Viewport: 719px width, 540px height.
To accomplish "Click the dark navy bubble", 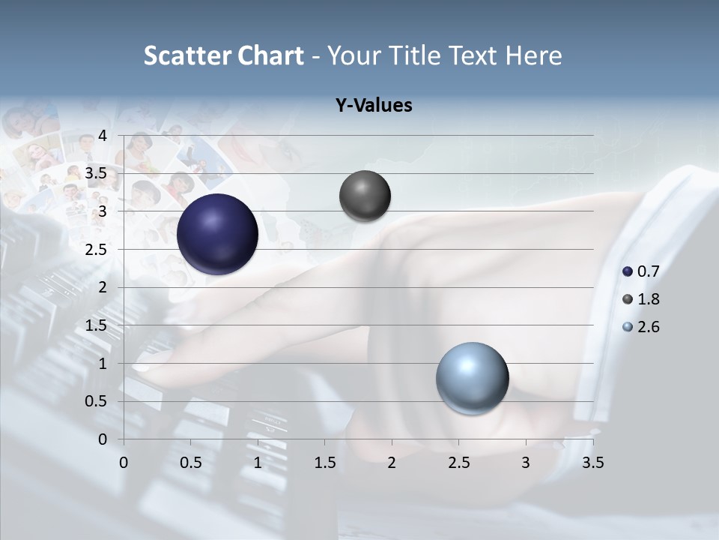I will [x=217, y=234].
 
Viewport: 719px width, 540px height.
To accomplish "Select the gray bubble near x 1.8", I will [x=365, y=196].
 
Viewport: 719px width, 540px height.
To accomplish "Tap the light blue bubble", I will [x=472, y=378].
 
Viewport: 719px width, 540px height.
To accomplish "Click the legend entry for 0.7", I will [x=641, y=271].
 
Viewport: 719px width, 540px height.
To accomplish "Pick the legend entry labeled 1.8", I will [x=641, y=299].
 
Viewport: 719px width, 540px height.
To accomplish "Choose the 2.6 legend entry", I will [x=641, y=327].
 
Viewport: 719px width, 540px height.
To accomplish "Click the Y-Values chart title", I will [x=373, y=106].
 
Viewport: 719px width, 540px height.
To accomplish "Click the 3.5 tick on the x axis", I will [x=592, y=463].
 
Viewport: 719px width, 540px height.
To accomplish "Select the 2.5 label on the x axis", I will [x=458, y=463].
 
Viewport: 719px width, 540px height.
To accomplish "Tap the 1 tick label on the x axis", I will [x=258, y=463].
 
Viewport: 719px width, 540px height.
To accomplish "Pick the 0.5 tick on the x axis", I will [x=191, y=463].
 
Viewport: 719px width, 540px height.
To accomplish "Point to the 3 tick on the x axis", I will [x=525, y=463].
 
